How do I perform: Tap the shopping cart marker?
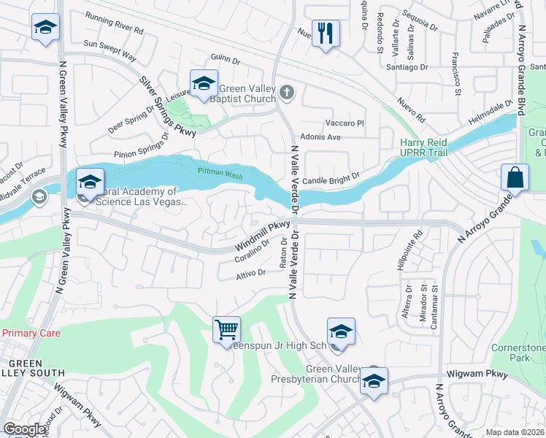point(226,328)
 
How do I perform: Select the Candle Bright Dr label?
point(331,177)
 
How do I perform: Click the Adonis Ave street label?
point(321,137)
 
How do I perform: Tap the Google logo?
point(25,429)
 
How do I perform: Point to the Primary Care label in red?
point(31,333)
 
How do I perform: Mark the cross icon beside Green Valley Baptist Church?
point(287,93)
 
